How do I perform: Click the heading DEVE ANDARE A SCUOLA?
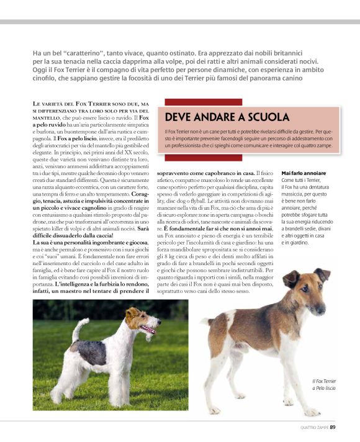pos(227,117)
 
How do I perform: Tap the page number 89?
pos(333,426)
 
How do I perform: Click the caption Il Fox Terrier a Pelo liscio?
pos(324,384)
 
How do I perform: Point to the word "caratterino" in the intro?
pos(81,53)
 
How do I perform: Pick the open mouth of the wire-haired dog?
pos(149,330)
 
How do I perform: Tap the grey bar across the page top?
pos(180,22)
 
